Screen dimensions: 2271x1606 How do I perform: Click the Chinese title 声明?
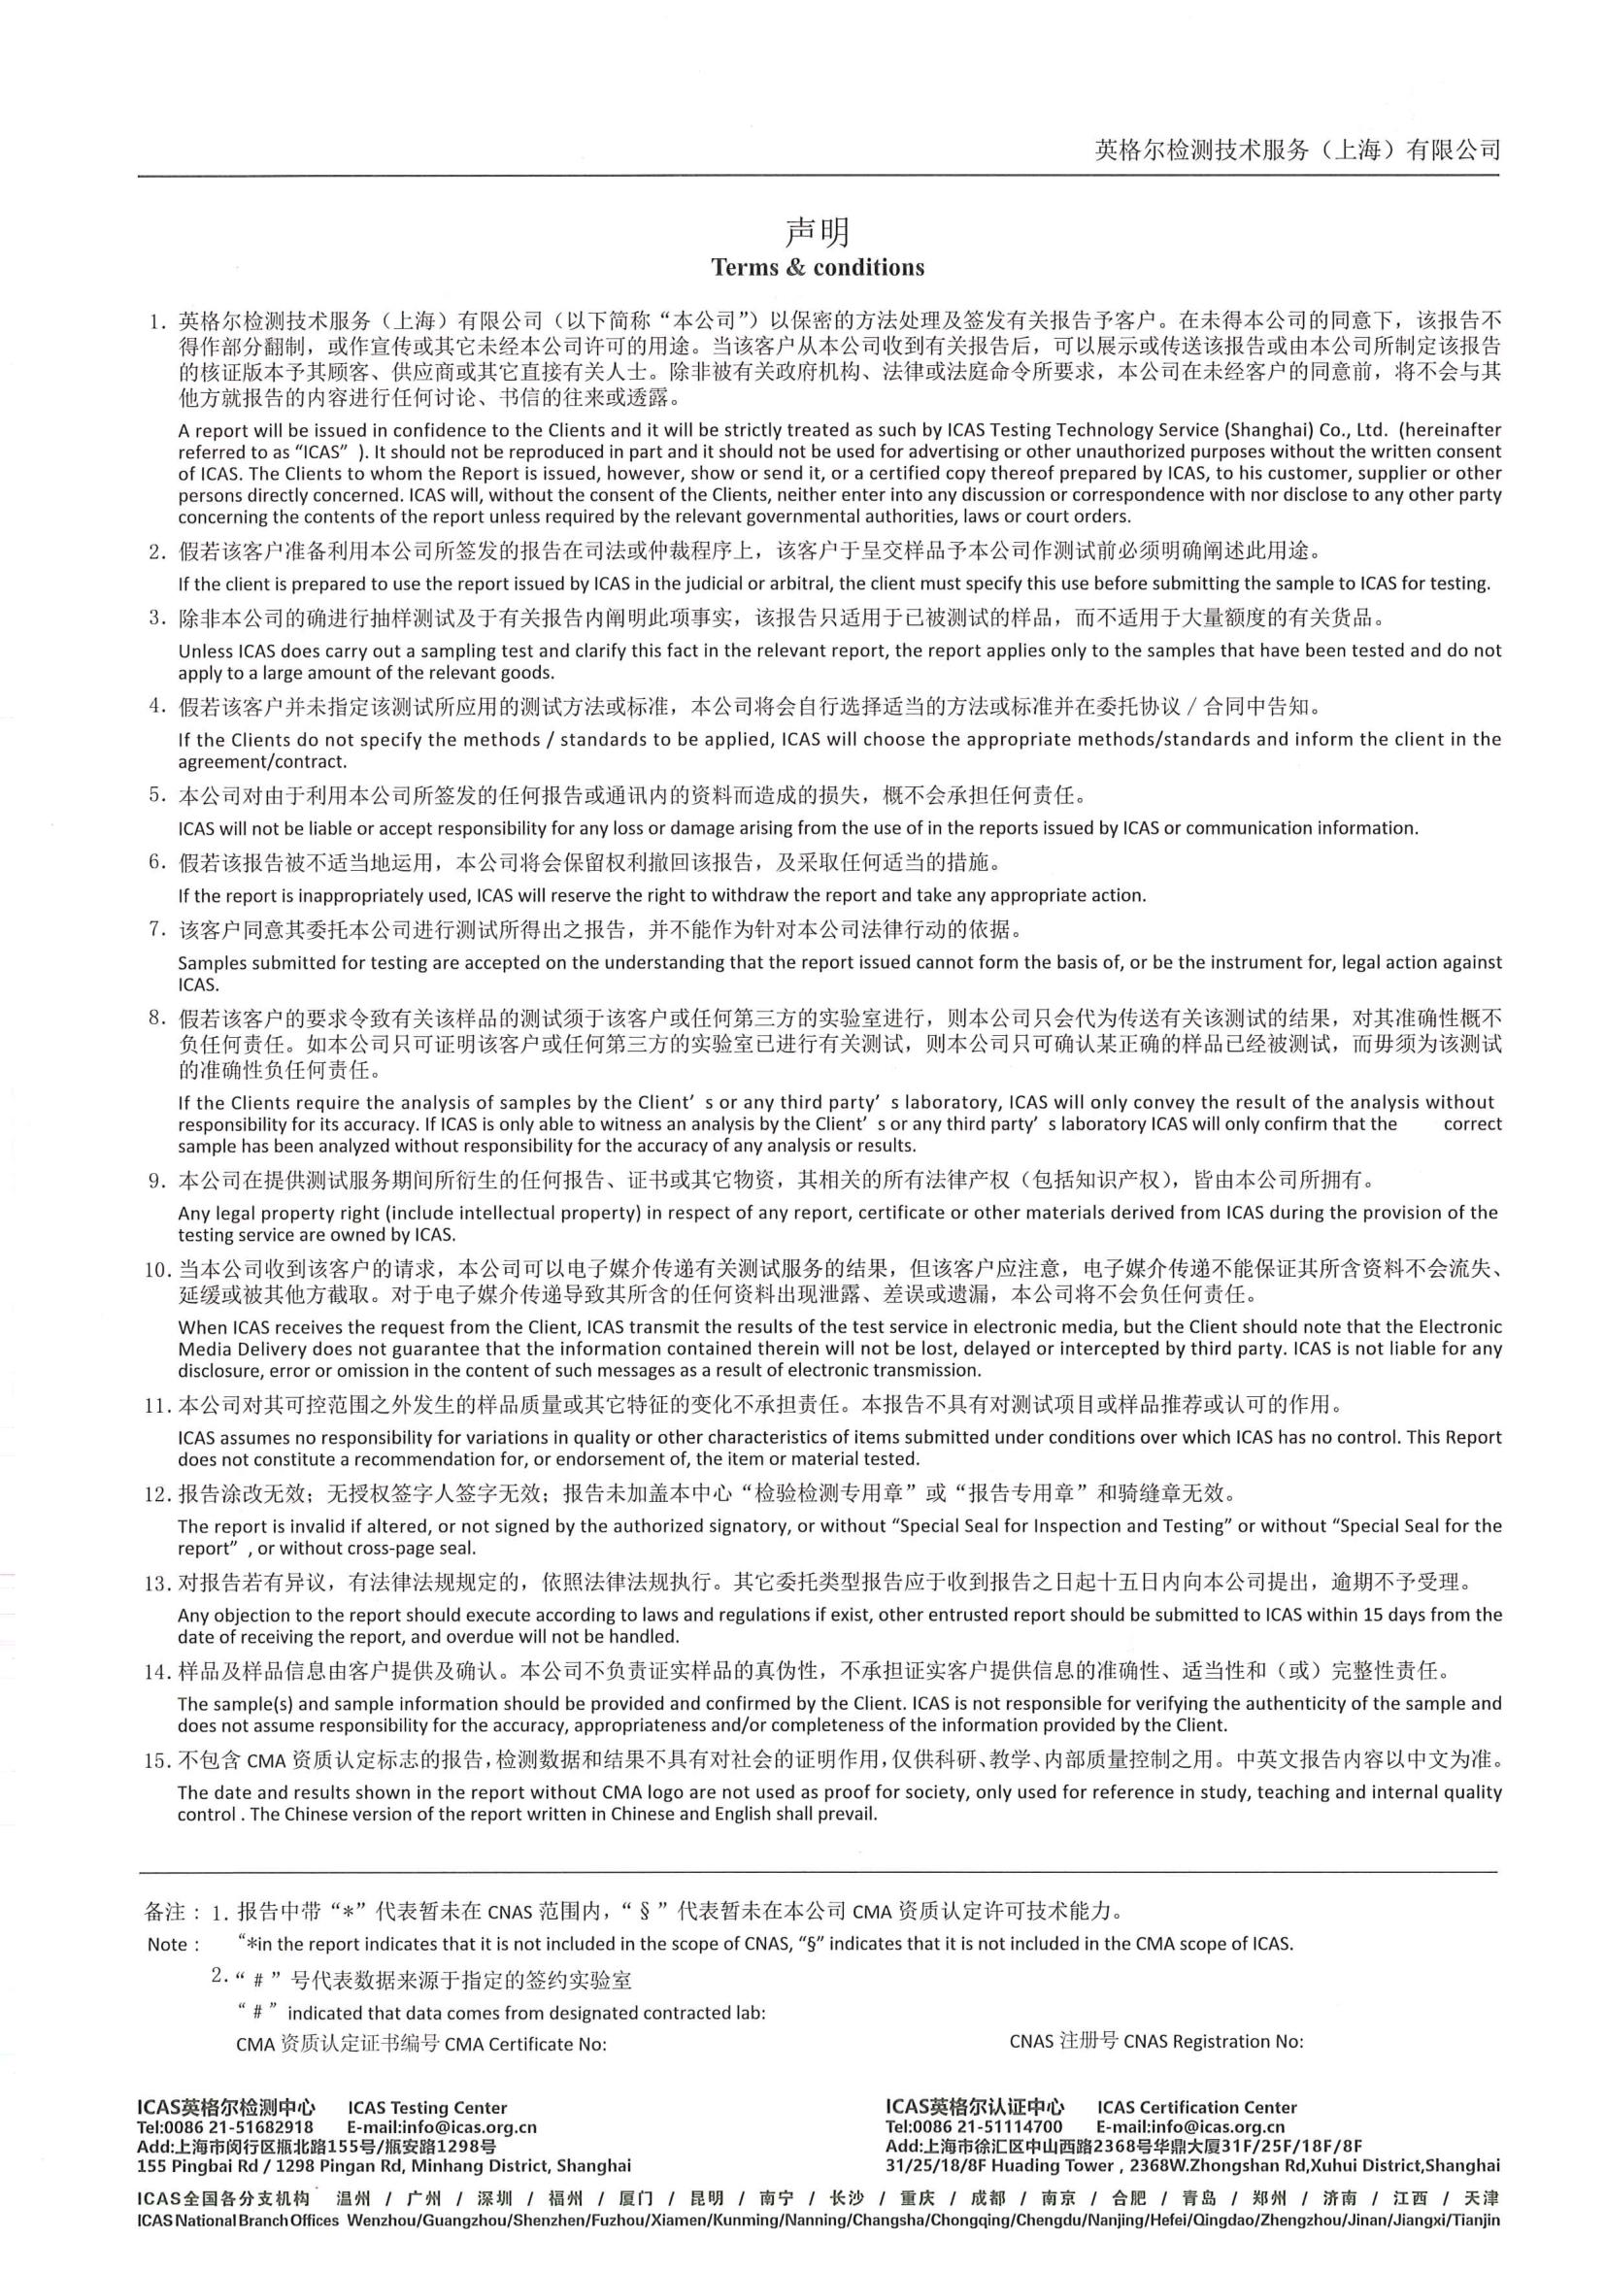pos(817,232)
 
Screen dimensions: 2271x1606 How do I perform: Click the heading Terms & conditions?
pos(818,268)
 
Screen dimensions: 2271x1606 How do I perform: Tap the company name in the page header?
pos(1297,150)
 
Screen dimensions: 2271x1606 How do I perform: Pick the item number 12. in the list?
pos(158,1493)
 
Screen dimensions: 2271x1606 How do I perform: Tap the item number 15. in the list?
pos(158,1759)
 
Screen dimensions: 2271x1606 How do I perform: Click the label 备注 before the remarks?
pos(163,1912)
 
